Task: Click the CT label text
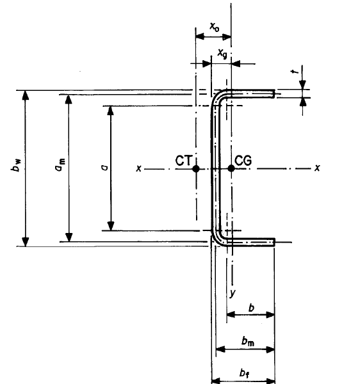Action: (x=184, y=161)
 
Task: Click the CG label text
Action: (x=243, y=161)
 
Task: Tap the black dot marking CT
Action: (x=196, y=169)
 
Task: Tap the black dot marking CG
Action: (x=231, y=168)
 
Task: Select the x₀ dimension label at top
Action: (x=215, y=26)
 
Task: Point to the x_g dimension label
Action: (x=222, y=53)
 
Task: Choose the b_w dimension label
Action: (x=17, y=165)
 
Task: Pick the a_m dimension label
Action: (x=60, y=164)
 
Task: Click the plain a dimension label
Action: (x=104, y=168)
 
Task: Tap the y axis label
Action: (x=233, y=293)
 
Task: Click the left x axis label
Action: (x=139, y=168)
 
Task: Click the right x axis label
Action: (x=317, y=168)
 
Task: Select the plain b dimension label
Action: (x=252, y=308)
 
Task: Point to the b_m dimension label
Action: (x=248, y=341)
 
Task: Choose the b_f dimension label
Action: (x=245, y=373)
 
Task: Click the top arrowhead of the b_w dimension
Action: (x=26, y=95)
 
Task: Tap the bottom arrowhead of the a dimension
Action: (x=111, y=226)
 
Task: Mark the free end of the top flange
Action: (x=274, y=94)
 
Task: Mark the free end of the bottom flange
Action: (x=274, y=242)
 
